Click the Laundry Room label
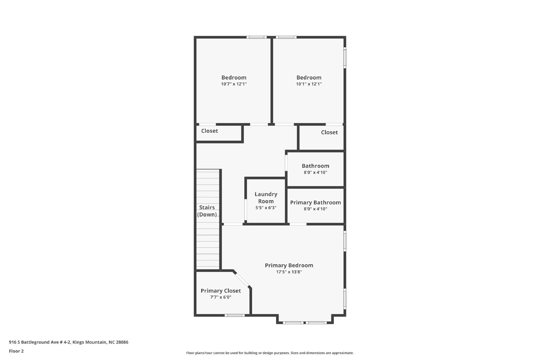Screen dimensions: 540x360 click(x=266, y=198)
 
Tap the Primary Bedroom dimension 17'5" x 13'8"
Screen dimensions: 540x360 click(x=289, y=272)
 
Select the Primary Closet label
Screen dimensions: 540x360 click(x=221, y=290)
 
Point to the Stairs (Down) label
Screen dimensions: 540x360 click(x=207, y=211)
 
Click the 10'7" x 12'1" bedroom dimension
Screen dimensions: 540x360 click(x=234, y=84)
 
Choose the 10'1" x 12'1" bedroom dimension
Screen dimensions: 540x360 click(x=309, y=84)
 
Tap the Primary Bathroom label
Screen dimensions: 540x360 click(x=315, y=202)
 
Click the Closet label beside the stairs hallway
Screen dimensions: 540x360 click(x=210, y=131)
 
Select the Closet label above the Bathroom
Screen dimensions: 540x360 click(x=329, y=132)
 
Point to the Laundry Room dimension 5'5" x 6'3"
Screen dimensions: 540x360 click(x=266, y=208)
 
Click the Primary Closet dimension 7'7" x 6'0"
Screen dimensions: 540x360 click(x=221, y=297)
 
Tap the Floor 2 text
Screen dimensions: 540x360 click(x=16, y=351)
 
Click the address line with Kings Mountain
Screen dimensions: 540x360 click(x=69, y=342)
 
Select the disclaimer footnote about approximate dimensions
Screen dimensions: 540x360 click(x=270, y=353)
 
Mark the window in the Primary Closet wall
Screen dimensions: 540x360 click(x=235, y=315)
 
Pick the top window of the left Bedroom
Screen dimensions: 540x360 click(x=256, y=37)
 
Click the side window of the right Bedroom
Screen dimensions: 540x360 click(x=345, y=58)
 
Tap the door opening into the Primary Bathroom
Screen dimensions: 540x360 click(x=298, y=224)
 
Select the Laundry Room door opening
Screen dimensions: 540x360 click(x=246, y=210)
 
